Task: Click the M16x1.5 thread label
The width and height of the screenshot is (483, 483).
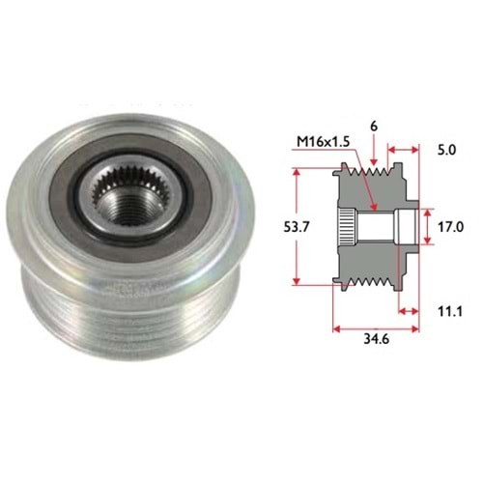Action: coord(323,142)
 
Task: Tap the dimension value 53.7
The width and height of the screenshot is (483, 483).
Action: coord(297,227)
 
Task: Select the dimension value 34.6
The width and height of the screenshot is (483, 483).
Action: coord(377,339)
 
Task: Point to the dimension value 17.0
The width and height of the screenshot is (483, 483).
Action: coord(450,227)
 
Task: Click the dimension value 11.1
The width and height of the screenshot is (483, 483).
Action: coord(450,311)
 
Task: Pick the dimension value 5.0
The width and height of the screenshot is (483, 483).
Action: coord(447,150)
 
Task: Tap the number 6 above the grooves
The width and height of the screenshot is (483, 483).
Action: coord(374,127)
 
